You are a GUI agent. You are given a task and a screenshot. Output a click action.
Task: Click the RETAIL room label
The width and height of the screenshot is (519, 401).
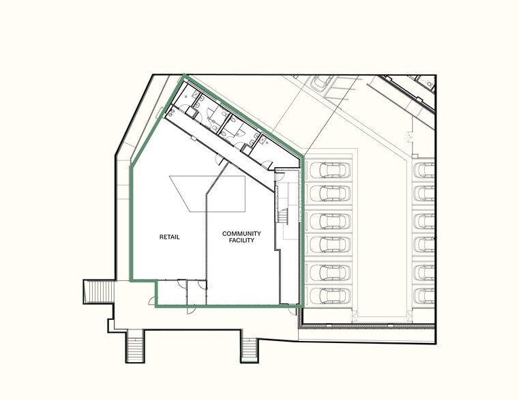[169, 237]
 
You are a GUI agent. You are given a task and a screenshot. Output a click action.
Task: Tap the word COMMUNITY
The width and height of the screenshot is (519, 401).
[241, 234]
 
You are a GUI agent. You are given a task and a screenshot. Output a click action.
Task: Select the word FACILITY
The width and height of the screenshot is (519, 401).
[241, 240]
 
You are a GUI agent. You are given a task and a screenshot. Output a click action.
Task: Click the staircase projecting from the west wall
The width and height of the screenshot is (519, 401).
[100, 292]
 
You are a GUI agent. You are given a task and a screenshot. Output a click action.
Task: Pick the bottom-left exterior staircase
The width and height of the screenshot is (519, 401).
[135, 346]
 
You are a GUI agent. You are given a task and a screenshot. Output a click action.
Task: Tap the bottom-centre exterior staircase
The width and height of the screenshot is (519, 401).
[249, 351]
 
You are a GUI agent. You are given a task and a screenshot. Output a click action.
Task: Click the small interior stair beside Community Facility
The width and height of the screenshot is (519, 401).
[283, 217]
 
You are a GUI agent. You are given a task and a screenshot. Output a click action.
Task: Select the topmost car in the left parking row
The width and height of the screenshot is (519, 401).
[330, 170]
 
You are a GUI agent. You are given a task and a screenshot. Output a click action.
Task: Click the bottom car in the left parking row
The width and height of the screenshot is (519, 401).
[330, 296]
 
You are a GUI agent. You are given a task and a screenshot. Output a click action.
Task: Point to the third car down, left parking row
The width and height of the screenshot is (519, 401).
[330, 221]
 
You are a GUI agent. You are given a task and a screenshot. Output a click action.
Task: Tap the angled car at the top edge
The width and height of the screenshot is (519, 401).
[322, 83]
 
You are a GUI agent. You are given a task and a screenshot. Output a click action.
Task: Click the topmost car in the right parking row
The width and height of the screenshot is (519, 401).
[424, 170]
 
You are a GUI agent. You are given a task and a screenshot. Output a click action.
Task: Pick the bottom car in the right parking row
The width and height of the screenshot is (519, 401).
[424, 296]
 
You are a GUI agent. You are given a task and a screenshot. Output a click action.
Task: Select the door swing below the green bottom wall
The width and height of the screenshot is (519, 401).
[191, 310]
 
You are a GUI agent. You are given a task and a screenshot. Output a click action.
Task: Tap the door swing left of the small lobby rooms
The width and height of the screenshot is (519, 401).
[151, 301]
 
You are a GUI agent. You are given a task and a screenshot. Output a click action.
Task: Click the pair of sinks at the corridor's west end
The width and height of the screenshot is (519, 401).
[170, 113]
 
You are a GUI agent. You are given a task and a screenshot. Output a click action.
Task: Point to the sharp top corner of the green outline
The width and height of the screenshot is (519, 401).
[184, 75]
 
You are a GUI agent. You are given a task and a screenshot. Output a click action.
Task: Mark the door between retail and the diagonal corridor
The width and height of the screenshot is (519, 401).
[219, 160]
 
